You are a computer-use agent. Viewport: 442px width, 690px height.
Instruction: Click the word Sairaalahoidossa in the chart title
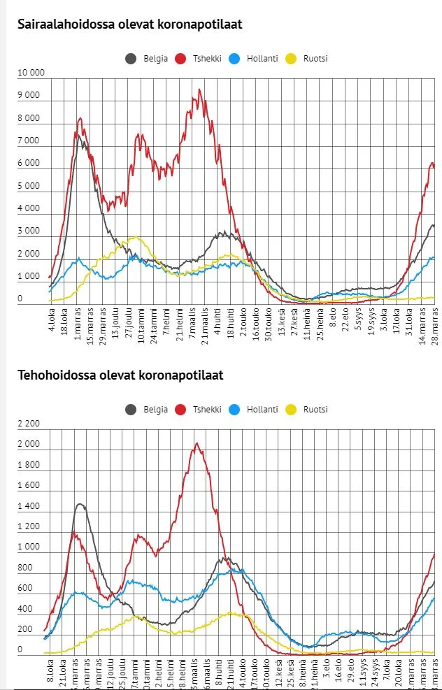59,24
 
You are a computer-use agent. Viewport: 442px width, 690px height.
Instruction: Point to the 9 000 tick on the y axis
29,96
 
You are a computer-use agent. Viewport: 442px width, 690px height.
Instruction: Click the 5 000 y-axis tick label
29,187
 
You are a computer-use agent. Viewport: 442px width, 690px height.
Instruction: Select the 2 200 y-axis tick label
29,424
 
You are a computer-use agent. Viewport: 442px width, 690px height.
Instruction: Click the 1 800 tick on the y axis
29,465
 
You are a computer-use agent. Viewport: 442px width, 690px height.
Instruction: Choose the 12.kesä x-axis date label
278,673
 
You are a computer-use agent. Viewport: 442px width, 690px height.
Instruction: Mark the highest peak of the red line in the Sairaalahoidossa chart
199,89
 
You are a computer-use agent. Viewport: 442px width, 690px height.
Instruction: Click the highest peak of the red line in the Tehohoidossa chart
197,443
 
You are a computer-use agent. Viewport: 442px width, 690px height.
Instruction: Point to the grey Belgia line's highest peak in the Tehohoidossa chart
80,504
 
